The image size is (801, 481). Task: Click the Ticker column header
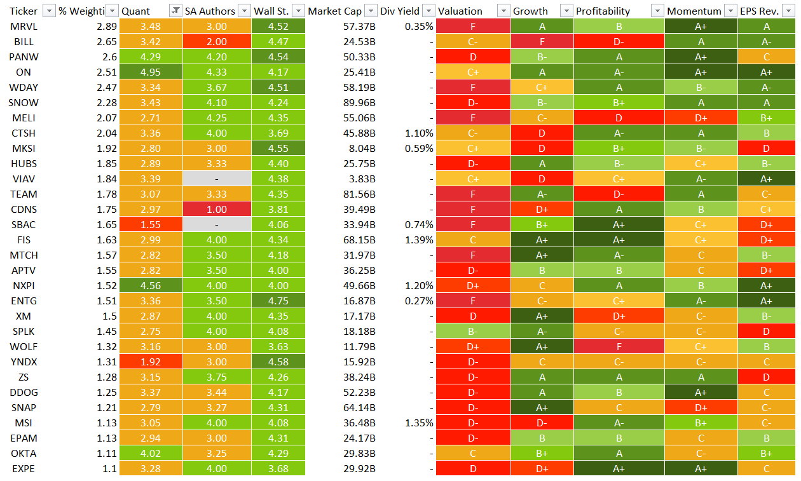click(x=24, y=11)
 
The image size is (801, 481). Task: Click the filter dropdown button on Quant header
click(x=175, y=11)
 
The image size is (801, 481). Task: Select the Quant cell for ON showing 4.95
click(x=151, y=72)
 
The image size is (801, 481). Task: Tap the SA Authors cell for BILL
click(x=217, y=41)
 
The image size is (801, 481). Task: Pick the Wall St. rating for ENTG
click(x=278, y=301)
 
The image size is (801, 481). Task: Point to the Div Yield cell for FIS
click(x=420, y=240)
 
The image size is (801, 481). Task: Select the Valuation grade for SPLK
click(x=472, y=331)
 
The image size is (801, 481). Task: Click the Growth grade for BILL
click(x=542, y=41)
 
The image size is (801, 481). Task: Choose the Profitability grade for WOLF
click(x=619, y=346)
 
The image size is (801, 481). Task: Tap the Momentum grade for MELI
click(x=701, y=118)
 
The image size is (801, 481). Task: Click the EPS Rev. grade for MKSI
click(x=766, y=148)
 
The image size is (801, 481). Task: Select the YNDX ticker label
click(x=24, y=362)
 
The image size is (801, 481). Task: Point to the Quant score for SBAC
click(x=151, y=224)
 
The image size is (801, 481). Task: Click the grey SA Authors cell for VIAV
click(x=217, y=179)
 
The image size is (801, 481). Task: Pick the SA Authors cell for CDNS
click(x=217, y=209)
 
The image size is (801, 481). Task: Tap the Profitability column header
click(x=603, y=11)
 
